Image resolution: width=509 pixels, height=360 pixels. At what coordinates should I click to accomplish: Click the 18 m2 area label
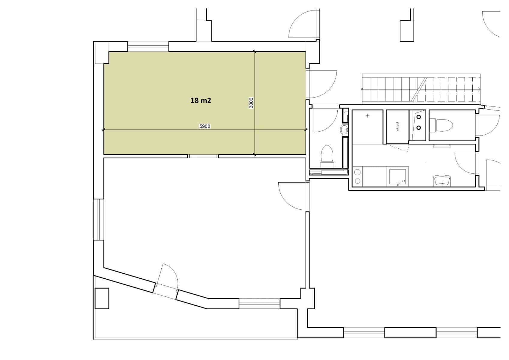[201, 100]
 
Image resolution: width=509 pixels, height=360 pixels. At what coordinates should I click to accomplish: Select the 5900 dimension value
[205, 126]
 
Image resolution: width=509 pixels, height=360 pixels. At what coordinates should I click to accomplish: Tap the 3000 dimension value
[251, 103]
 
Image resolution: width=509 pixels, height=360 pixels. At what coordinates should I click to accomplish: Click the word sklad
[398, 126]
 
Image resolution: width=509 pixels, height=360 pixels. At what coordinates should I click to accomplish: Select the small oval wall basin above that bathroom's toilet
[345, 130]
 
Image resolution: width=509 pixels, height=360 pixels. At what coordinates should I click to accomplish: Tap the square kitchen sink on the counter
[398, 177]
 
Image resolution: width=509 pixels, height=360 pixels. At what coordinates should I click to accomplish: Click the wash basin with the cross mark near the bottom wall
[442, 181]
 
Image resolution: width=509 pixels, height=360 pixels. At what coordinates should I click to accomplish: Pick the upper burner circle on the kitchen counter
[357, 172]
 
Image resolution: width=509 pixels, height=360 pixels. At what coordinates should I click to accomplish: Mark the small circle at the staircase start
[362, 89]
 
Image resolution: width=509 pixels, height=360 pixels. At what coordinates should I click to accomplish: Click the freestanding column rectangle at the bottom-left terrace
[102, 298]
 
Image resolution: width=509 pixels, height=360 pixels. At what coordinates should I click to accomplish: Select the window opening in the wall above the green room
[148, 46]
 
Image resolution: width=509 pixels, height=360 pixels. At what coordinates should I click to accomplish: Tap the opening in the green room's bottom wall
[203, 156]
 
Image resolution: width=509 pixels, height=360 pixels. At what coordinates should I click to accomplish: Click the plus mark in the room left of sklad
[368, 115]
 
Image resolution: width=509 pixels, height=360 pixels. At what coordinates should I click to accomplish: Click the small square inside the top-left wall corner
[102, 53]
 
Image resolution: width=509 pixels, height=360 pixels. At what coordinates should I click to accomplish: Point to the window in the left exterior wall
[98, 219]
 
